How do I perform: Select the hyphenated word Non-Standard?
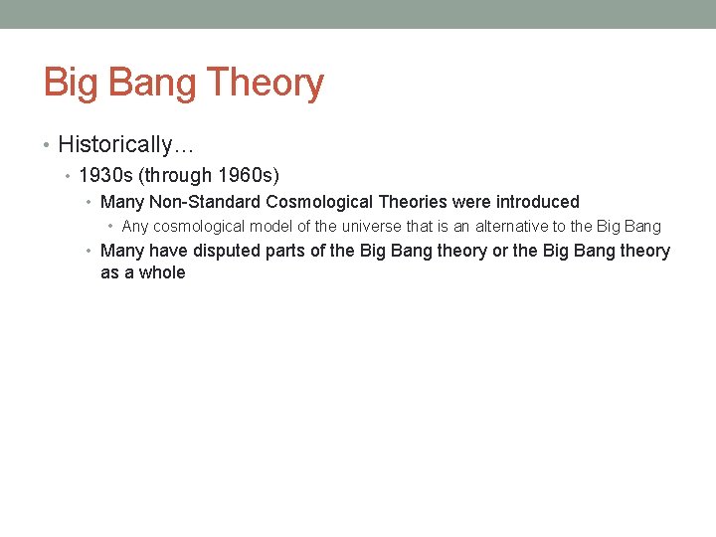click(206, 202)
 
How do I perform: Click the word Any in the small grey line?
click(135, 227)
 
